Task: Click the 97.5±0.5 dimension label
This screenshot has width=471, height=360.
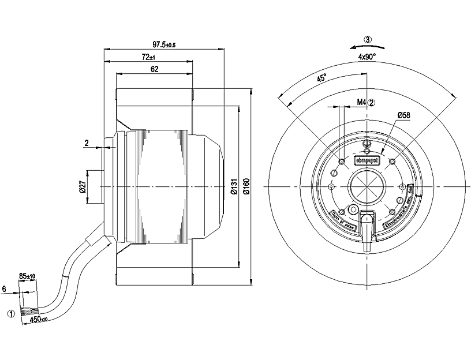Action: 163,44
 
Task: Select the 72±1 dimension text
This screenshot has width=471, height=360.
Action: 148,57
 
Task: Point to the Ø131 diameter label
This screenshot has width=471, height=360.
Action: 234,186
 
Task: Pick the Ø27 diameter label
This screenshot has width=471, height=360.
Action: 82,186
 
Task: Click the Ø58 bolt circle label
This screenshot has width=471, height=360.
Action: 403,116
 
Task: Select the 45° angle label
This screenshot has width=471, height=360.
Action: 322,79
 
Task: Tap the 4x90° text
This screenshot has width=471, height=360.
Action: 367,57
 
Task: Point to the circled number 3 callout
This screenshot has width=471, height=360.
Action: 368,40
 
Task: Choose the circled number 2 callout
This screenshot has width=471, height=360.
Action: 372,103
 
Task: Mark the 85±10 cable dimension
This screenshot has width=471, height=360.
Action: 27,277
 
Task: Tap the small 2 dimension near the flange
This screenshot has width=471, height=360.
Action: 87,142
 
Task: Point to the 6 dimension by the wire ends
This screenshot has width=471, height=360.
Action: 4,288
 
